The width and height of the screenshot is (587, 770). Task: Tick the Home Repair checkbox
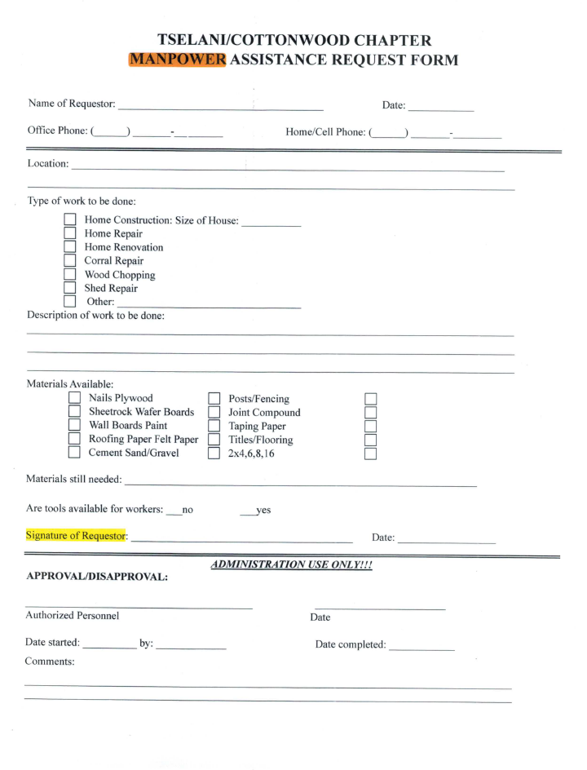point(71,233)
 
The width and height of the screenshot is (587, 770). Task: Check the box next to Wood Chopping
point(71,275)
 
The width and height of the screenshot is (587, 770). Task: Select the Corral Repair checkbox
point(71,261)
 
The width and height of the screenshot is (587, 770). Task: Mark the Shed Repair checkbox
point(71,289)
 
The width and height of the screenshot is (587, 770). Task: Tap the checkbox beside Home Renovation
point(71,247)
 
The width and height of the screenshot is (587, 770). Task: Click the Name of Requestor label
point(72,104)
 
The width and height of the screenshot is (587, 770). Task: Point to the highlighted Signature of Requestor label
point(77,536)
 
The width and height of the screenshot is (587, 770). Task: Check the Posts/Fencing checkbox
point(214,399)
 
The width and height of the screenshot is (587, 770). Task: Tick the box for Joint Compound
point(214,413)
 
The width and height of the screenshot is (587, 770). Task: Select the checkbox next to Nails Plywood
point(74,398)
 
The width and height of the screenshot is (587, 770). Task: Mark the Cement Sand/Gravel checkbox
point(74,454)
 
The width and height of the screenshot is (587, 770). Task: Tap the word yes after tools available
point(263,510)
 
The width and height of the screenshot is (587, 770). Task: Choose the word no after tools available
point(187,510)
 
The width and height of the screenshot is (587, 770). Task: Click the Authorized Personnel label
point(73,616)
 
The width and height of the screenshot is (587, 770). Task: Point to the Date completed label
point(351,645)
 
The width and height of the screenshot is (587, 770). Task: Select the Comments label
point(50,662)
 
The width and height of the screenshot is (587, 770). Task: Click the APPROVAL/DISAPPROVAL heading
point(97,577)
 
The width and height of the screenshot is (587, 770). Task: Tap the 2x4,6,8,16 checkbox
point(214,454)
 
